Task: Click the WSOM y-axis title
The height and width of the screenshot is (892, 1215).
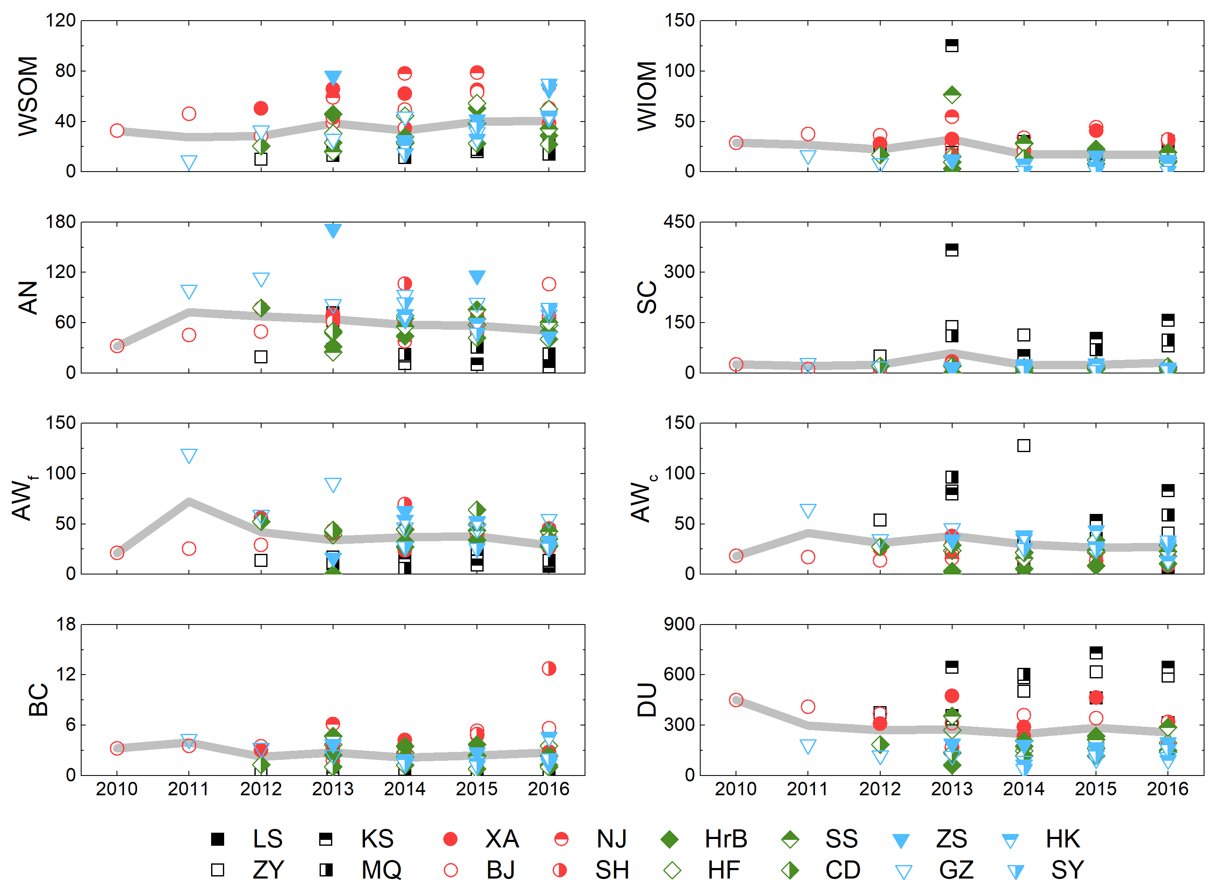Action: coord(28,96)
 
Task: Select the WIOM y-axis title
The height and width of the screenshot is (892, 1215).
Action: coord(647,96)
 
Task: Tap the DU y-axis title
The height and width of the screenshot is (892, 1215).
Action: coord(647,700)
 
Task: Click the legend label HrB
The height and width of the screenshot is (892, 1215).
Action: coord(726,839)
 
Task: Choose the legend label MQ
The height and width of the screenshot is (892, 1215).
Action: coord(381,870)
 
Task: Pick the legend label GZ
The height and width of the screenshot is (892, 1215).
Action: coord(956,870)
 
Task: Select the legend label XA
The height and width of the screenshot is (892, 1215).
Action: coord(502,839)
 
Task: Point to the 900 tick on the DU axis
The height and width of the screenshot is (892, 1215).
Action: coord(679,624)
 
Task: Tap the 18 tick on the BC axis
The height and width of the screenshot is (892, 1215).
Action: coord(66,624)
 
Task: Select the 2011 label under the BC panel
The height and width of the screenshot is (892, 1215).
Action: coord(188,789)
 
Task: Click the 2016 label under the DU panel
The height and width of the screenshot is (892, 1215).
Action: coord(1167,789)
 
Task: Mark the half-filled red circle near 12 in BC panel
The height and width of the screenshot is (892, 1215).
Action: coord(549,668)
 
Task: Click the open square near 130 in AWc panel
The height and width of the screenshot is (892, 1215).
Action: coord(1023,445)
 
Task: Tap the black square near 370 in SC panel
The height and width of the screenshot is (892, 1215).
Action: coord(951,249)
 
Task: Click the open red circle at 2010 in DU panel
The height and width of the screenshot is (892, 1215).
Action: coord(736,700)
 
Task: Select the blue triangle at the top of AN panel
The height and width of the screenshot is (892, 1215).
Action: coord(333,230)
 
